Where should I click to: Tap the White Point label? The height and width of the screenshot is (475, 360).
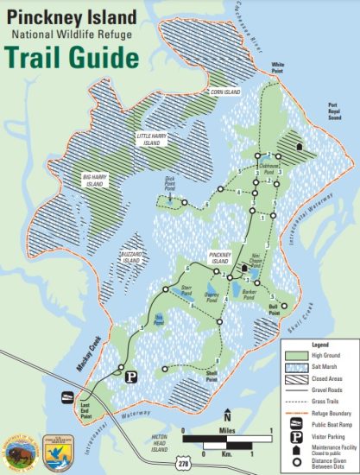(278, 66)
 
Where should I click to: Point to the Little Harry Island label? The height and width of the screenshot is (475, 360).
(155, 138)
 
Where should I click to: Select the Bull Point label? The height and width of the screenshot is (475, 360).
(274, 309)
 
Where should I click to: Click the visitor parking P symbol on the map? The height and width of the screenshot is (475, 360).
(131, 377)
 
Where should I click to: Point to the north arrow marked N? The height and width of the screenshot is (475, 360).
(226, 414)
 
